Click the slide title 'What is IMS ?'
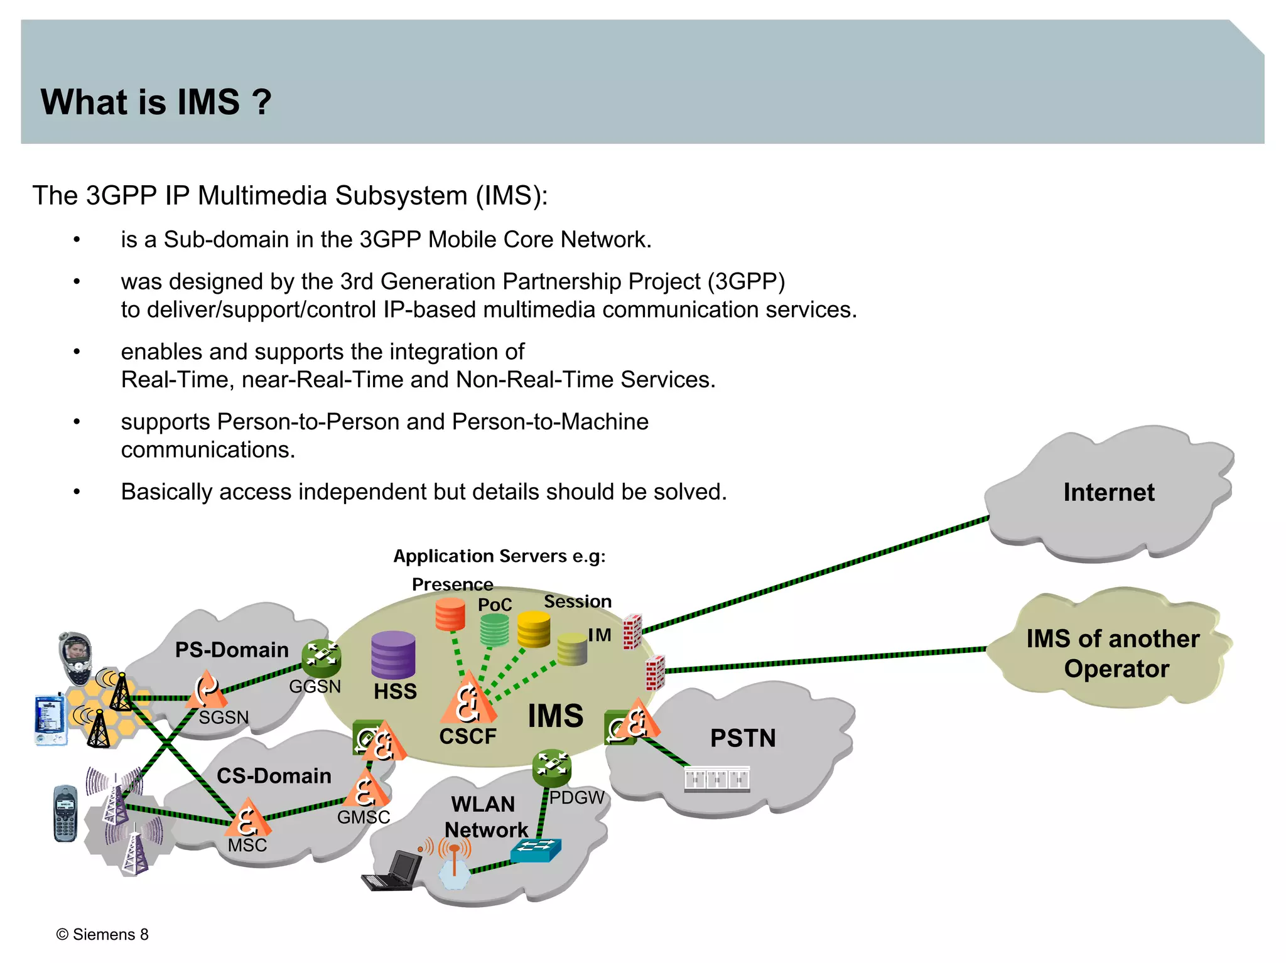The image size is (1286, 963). coord(156,102)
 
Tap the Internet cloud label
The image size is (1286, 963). coord(1108,492)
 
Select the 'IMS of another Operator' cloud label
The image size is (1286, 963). coord(1113,654)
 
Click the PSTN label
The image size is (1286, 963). coord(743,738)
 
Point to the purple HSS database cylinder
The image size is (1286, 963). coord(393,655)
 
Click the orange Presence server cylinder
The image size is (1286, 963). coord(450,614)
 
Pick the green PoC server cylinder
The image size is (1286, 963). coord(494,630)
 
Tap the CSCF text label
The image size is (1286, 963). coord(468,736)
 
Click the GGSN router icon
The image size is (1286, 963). coord(321,657)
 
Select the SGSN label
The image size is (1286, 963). coord(224,717)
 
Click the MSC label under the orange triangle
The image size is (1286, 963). coord(247,845)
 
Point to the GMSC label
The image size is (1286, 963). coord(364,817)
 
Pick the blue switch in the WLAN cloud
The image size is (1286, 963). coord(536,850)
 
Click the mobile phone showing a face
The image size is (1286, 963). coord(75,656)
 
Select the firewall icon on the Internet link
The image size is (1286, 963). coord(632,631)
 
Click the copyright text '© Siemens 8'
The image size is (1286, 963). coord(102,934)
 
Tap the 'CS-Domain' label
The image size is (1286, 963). coord(274,775)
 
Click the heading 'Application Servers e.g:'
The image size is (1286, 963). coord(499,556)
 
